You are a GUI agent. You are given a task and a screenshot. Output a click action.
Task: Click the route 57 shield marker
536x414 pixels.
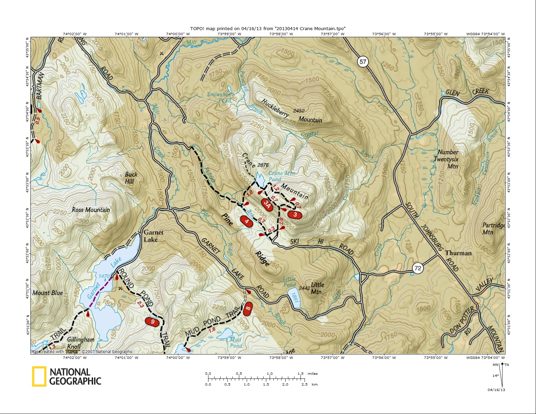click(363, 62)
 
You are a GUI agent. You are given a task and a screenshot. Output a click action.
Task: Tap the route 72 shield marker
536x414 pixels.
click(418, 268)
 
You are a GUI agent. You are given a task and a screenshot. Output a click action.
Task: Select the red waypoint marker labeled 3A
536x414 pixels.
click(267, 204)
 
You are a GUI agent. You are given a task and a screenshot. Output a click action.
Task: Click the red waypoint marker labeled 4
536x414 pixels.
click(247, 222)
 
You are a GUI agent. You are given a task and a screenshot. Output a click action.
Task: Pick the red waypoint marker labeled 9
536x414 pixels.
click(152, 321)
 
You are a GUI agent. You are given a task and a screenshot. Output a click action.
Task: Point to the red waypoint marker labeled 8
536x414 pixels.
click(248, 308)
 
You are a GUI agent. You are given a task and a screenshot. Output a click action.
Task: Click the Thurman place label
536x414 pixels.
click(458, 253)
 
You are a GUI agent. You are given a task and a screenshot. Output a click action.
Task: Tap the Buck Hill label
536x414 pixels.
click(131, 178)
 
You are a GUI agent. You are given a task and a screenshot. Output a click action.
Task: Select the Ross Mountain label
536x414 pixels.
click(91, 210)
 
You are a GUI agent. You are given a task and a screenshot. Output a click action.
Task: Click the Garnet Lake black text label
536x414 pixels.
click(153, 236)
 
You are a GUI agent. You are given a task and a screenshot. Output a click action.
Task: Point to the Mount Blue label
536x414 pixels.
click(48, 293)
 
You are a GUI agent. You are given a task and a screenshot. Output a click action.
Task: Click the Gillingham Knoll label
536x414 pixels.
click(80, 343)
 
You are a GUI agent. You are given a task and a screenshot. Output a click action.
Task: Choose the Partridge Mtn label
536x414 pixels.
click(493, 229)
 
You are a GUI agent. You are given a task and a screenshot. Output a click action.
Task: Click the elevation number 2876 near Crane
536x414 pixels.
click(263, 165)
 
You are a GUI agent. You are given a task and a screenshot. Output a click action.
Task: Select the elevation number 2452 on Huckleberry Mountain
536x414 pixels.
click(298, 111)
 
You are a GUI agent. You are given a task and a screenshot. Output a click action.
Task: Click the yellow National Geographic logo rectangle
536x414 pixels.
click(39, 376)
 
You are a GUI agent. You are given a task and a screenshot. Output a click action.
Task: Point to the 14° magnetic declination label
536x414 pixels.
click(495, 375)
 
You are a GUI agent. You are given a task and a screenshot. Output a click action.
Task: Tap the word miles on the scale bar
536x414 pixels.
click(312, 373)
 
